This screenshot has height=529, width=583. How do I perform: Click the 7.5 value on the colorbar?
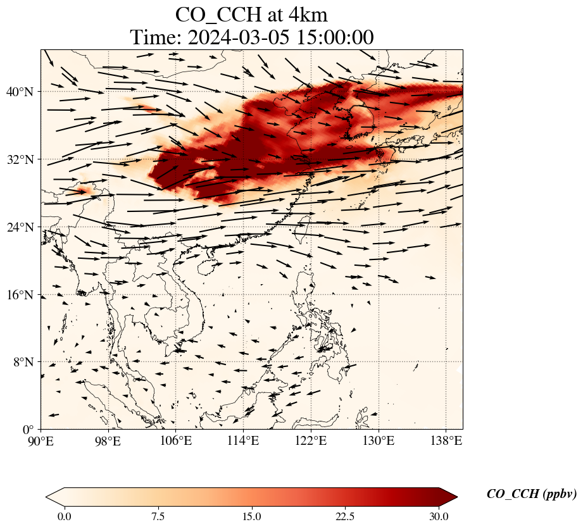pos(158,517)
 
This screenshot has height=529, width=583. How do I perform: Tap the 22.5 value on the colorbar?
pos(345,517)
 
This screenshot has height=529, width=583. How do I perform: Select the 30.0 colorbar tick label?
pos(439,517)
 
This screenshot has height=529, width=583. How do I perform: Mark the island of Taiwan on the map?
pos(303,226)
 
